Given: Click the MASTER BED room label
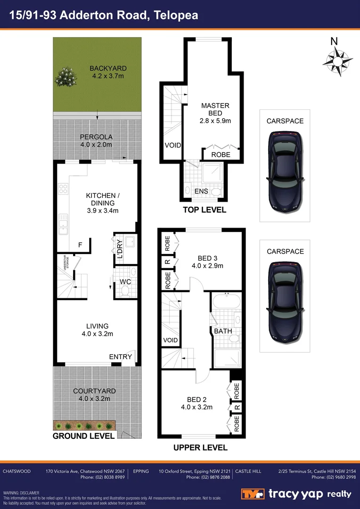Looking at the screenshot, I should [x=215, y=109].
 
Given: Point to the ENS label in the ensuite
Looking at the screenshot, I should [x=201, y=191].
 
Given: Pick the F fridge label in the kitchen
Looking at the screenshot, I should [x=80, y=245].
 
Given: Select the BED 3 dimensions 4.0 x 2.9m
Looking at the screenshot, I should [x=207, y=266].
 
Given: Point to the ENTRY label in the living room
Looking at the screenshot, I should [x=120, y=357].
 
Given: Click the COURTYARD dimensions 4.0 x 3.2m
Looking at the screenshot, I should [x=94, y=399].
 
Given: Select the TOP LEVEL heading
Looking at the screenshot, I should [x=205, y=210].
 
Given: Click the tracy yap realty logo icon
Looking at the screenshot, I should [x=253, y=494].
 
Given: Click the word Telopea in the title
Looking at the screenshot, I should [x=175, y=15].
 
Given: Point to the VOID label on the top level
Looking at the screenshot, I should [x=173, y=145].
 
